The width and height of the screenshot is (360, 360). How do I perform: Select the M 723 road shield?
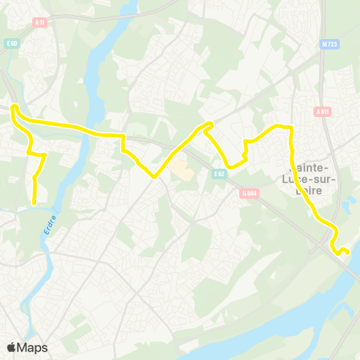point(326,43)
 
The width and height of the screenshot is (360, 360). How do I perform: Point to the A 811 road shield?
point(323,112)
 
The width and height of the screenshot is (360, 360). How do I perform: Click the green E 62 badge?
point(218,174)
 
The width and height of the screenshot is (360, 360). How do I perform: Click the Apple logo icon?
point(12,347)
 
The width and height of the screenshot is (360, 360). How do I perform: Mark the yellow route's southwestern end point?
point(34,202)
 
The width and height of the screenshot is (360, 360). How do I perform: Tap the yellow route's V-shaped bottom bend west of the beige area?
point(154,177)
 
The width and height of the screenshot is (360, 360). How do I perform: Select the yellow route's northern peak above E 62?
point(209,123)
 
